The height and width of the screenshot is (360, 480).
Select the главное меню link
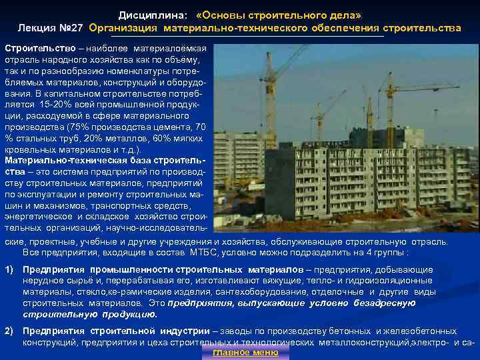[x=245, y=352]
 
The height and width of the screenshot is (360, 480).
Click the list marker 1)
[x=10, y=269]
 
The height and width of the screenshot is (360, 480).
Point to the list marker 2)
[x=10, y=331]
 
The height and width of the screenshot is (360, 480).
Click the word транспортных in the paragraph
[x=125, y=207]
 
